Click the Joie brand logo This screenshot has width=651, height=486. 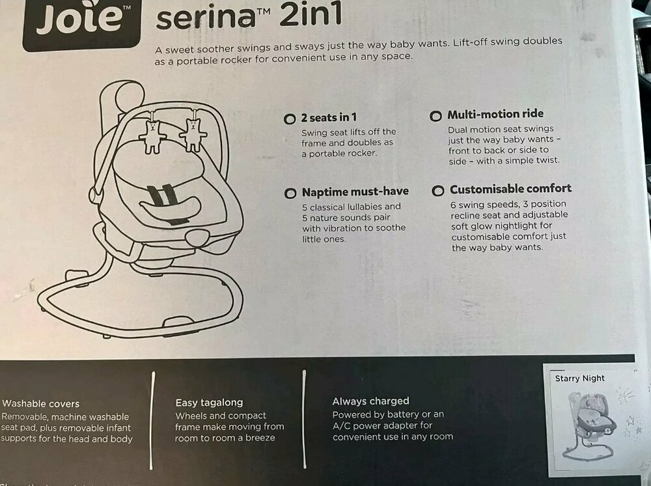(x=82, y=23)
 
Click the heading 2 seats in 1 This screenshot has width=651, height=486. (x=329, y=117)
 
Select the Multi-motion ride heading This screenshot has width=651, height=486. (x=495, y=114)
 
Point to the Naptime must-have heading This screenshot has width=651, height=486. (x=355, y=192)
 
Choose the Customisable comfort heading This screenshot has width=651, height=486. (x=510, y=189)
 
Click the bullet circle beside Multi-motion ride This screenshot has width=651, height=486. (x=436, y=116)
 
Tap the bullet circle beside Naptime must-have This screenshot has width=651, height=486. (x=290, y=193)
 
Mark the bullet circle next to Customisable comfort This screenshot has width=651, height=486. (x=438, y=191)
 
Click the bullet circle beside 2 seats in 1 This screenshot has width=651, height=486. (x=290, y=119)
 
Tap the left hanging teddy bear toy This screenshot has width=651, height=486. (x=153, y=136)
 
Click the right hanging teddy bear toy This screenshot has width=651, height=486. (x=193, y=134)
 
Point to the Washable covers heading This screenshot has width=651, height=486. (x=40, y=403)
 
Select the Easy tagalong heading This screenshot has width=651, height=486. (x=209, y=403)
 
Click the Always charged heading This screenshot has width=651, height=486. (x=371, y=401)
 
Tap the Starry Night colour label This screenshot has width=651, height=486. (x=579, y=379)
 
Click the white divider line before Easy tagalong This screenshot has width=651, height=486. (x=152, y=420)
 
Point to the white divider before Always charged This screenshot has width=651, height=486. (x=304, y=419)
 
